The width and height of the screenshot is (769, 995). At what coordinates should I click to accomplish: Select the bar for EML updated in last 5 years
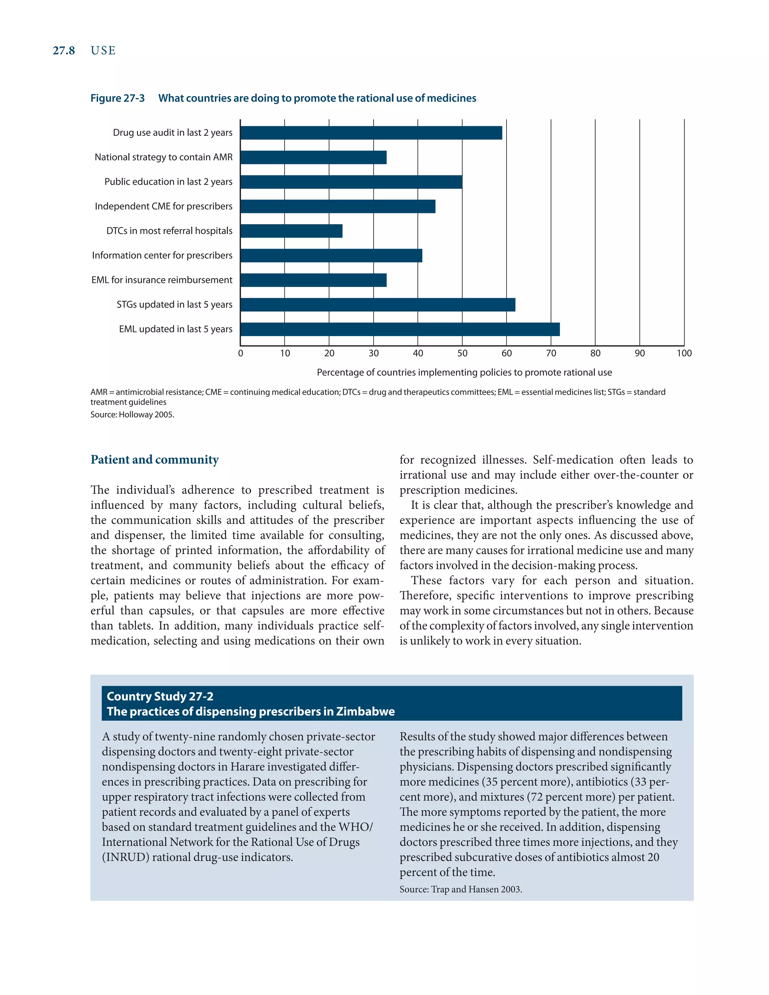400,329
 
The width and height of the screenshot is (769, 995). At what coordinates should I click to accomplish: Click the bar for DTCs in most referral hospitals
291,231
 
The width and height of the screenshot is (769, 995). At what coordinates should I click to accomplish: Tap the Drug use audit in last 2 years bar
371,133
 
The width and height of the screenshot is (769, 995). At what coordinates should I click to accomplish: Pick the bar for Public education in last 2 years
351,182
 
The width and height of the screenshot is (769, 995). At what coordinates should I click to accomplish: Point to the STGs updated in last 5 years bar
378,305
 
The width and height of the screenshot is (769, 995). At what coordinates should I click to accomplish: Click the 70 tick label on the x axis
551,353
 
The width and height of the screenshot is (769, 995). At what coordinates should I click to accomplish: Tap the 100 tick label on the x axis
684,353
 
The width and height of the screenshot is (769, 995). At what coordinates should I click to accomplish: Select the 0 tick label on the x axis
241,353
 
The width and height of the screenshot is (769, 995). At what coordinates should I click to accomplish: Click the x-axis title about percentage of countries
464,372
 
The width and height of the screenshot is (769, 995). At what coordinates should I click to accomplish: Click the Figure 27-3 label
117,98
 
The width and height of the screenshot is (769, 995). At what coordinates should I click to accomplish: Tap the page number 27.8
64,51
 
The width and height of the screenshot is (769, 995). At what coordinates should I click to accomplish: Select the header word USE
103,51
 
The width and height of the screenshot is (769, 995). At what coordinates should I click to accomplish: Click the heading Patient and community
154,459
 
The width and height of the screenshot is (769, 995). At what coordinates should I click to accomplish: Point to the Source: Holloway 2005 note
132,415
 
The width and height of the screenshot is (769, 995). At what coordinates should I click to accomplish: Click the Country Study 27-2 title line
160,696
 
